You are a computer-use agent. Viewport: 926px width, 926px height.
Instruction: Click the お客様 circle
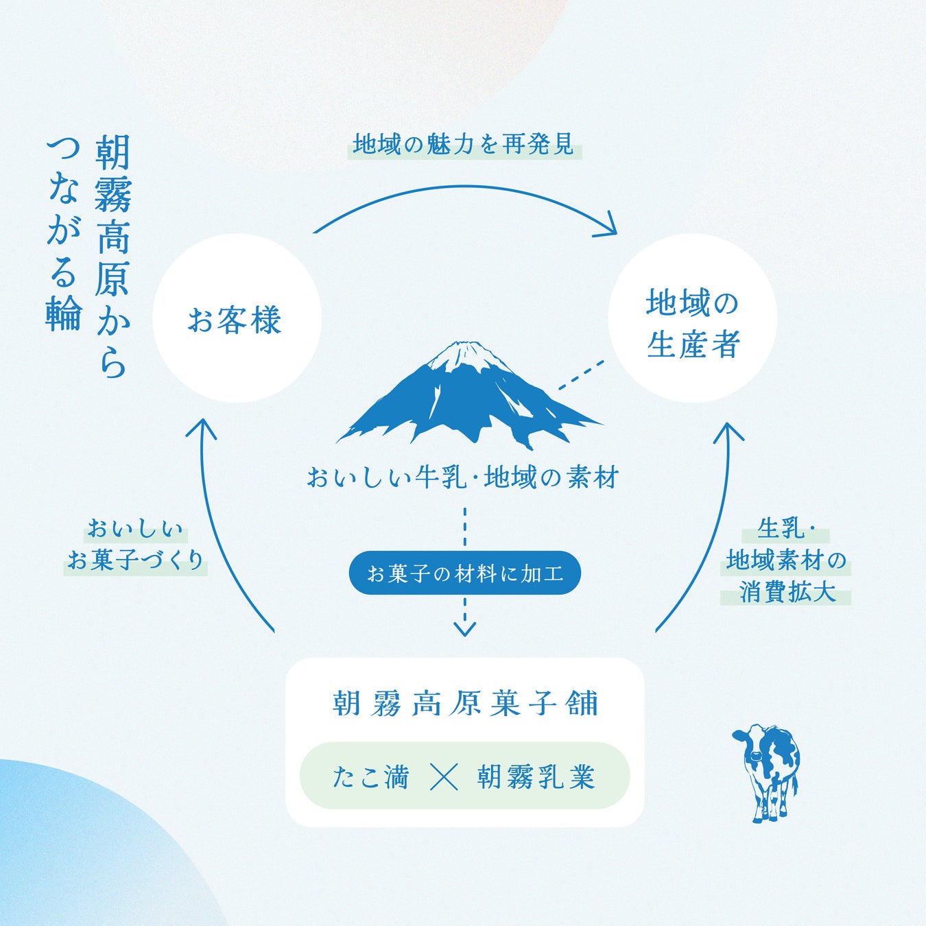point(237,318)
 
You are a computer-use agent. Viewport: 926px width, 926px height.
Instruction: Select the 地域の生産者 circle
point(692,318)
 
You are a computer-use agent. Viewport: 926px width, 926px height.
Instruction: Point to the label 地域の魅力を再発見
point(464,145)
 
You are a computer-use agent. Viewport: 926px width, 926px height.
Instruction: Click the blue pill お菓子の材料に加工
point(464,573)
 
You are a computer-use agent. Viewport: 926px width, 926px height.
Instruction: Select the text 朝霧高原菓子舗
point(465,704)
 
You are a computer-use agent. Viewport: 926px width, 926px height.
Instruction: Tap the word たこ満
point(370,777)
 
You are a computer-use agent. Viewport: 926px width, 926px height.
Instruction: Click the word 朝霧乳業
point(536,777)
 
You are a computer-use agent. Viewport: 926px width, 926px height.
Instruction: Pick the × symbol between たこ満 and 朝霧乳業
point(443,777)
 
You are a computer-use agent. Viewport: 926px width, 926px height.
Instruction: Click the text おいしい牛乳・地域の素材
point(463,477)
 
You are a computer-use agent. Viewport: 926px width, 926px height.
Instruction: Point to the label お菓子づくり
point(136,560)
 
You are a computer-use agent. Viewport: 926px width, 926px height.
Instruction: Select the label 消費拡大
point(786,591)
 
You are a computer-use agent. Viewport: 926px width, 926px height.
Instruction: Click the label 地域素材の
point(786,560)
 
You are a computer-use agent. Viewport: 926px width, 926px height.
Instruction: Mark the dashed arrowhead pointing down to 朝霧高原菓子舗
point(464,627)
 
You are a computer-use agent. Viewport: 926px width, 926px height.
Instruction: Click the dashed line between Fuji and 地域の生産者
point(581,375)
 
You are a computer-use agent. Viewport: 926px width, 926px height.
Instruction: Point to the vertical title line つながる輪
point(63,233)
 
